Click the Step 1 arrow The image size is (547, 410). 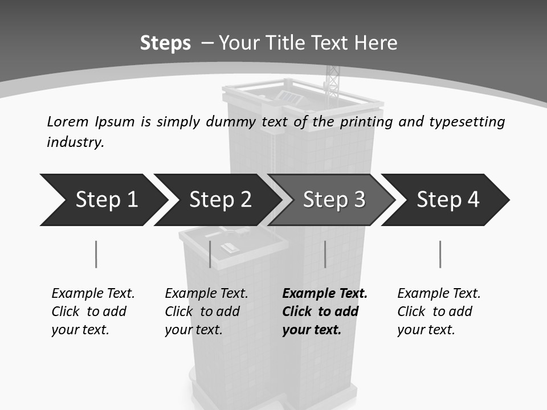click(105, 200)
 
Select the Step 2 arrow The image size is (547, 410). click(219, 200)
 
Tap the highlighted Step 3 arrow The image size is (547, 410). click(333, 200)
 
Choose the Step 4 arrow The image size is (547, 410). click(447, 200)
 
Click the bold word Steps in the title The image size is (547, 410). click(165, 43)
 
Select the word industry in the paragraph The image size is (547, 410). click(75, 142)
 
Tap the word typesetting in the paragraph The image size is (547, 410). click(467, 122)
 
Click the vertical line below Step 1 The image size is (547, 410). click(96, 254)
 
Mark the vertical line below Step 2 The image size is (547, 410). click(210, 254)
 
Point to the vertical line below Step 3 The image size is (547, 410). click(325, 254)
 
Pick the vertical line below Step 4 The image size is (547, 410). click(440, 254)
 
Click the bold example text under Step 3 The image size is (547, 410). click(324, 311)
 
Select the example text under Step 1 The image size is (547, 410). click(93, 311)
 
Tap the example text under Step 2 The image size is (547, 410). click(206, 311)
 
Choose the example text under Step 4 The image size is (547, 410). click(439, 311)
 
